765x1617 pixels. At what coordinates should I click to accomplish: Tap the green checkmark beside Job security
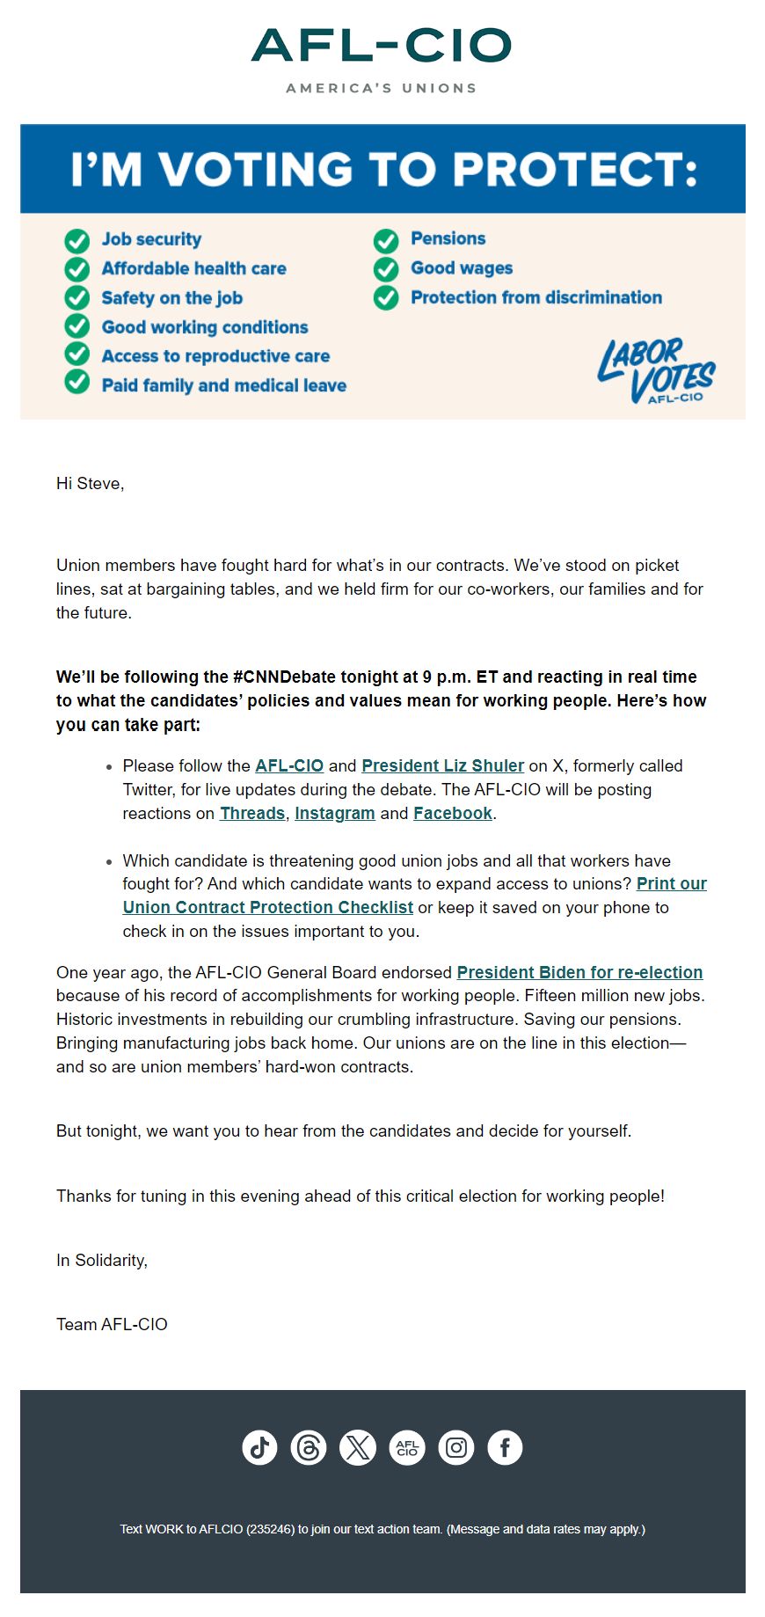click(77, 240)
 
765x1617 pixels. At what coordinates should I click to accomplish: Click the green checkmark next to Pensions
click(386, 240)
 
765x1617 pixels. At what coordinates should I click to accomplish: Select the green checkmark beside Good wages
click(386, 269)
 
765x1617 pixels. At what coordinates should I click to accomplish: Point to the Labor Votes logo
click(656, 371)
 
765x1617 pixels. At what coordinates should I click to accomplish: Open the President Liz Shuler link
click(442, 766)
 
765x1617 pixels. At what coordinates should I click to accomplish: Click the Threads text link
click(252, 814)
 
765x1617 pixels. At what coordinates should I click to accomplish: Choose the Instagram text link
click(334, 814)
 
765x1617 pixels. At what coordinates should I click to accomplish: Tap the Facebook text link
click(452, 814)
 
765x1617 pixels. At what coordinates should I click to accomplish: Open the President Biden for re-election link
click(579, 973)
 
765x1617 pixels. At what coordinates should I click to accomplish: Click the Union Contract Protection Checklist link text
click(267, 908)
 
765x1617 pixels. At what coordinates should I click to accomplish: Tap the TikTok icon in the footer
click(259, 1447)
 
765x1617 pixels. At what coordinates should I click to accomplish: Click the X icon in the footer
click(358, 1447)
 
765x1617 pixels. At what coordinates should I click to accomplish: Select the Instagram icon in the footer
click(456, 1447)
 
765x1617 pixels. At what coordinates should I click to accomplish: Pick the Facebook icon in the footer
click(505, 1447)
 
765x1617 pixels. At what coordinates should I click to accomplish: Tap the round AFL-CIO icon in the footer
click(407, 1447)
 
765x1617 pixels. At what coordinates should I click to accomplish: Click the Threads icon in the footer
click(309, 1447)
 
